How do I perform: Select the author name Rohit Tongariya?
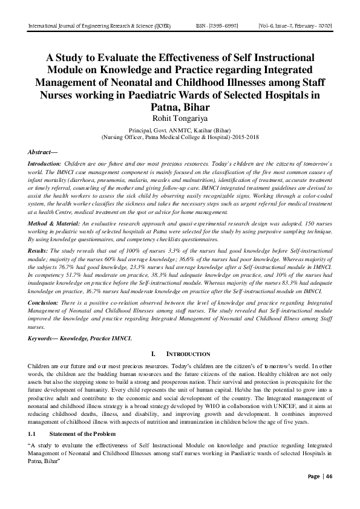click(180, 117)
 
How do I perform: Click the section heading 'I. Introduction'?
click(180, 354)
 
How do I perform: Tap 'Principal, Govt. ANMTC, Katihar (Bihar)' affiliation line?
click(180, 129)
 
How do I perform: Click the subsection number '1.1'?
click(33, 434)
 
